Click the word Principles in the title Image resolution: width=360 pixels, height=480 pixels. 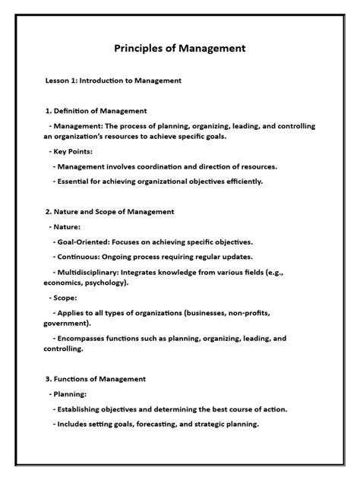(137, 49)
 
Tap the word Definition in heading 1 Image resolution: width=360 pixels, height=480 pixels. (75, 111)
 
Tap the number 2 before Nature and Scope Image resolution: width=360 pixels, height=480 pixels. (48, 211)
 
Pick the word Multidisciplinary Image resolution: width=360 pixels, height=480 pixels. (95, 271)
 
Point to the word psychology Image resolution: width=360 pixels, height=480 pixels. (105, 283)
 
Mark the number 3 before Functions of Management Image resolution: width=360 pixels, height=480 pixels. (48, 379)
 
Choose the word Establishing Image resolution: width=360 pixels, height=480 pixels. (86, 409)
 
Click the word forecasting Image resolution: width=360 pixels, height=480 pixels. (165, 424)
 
